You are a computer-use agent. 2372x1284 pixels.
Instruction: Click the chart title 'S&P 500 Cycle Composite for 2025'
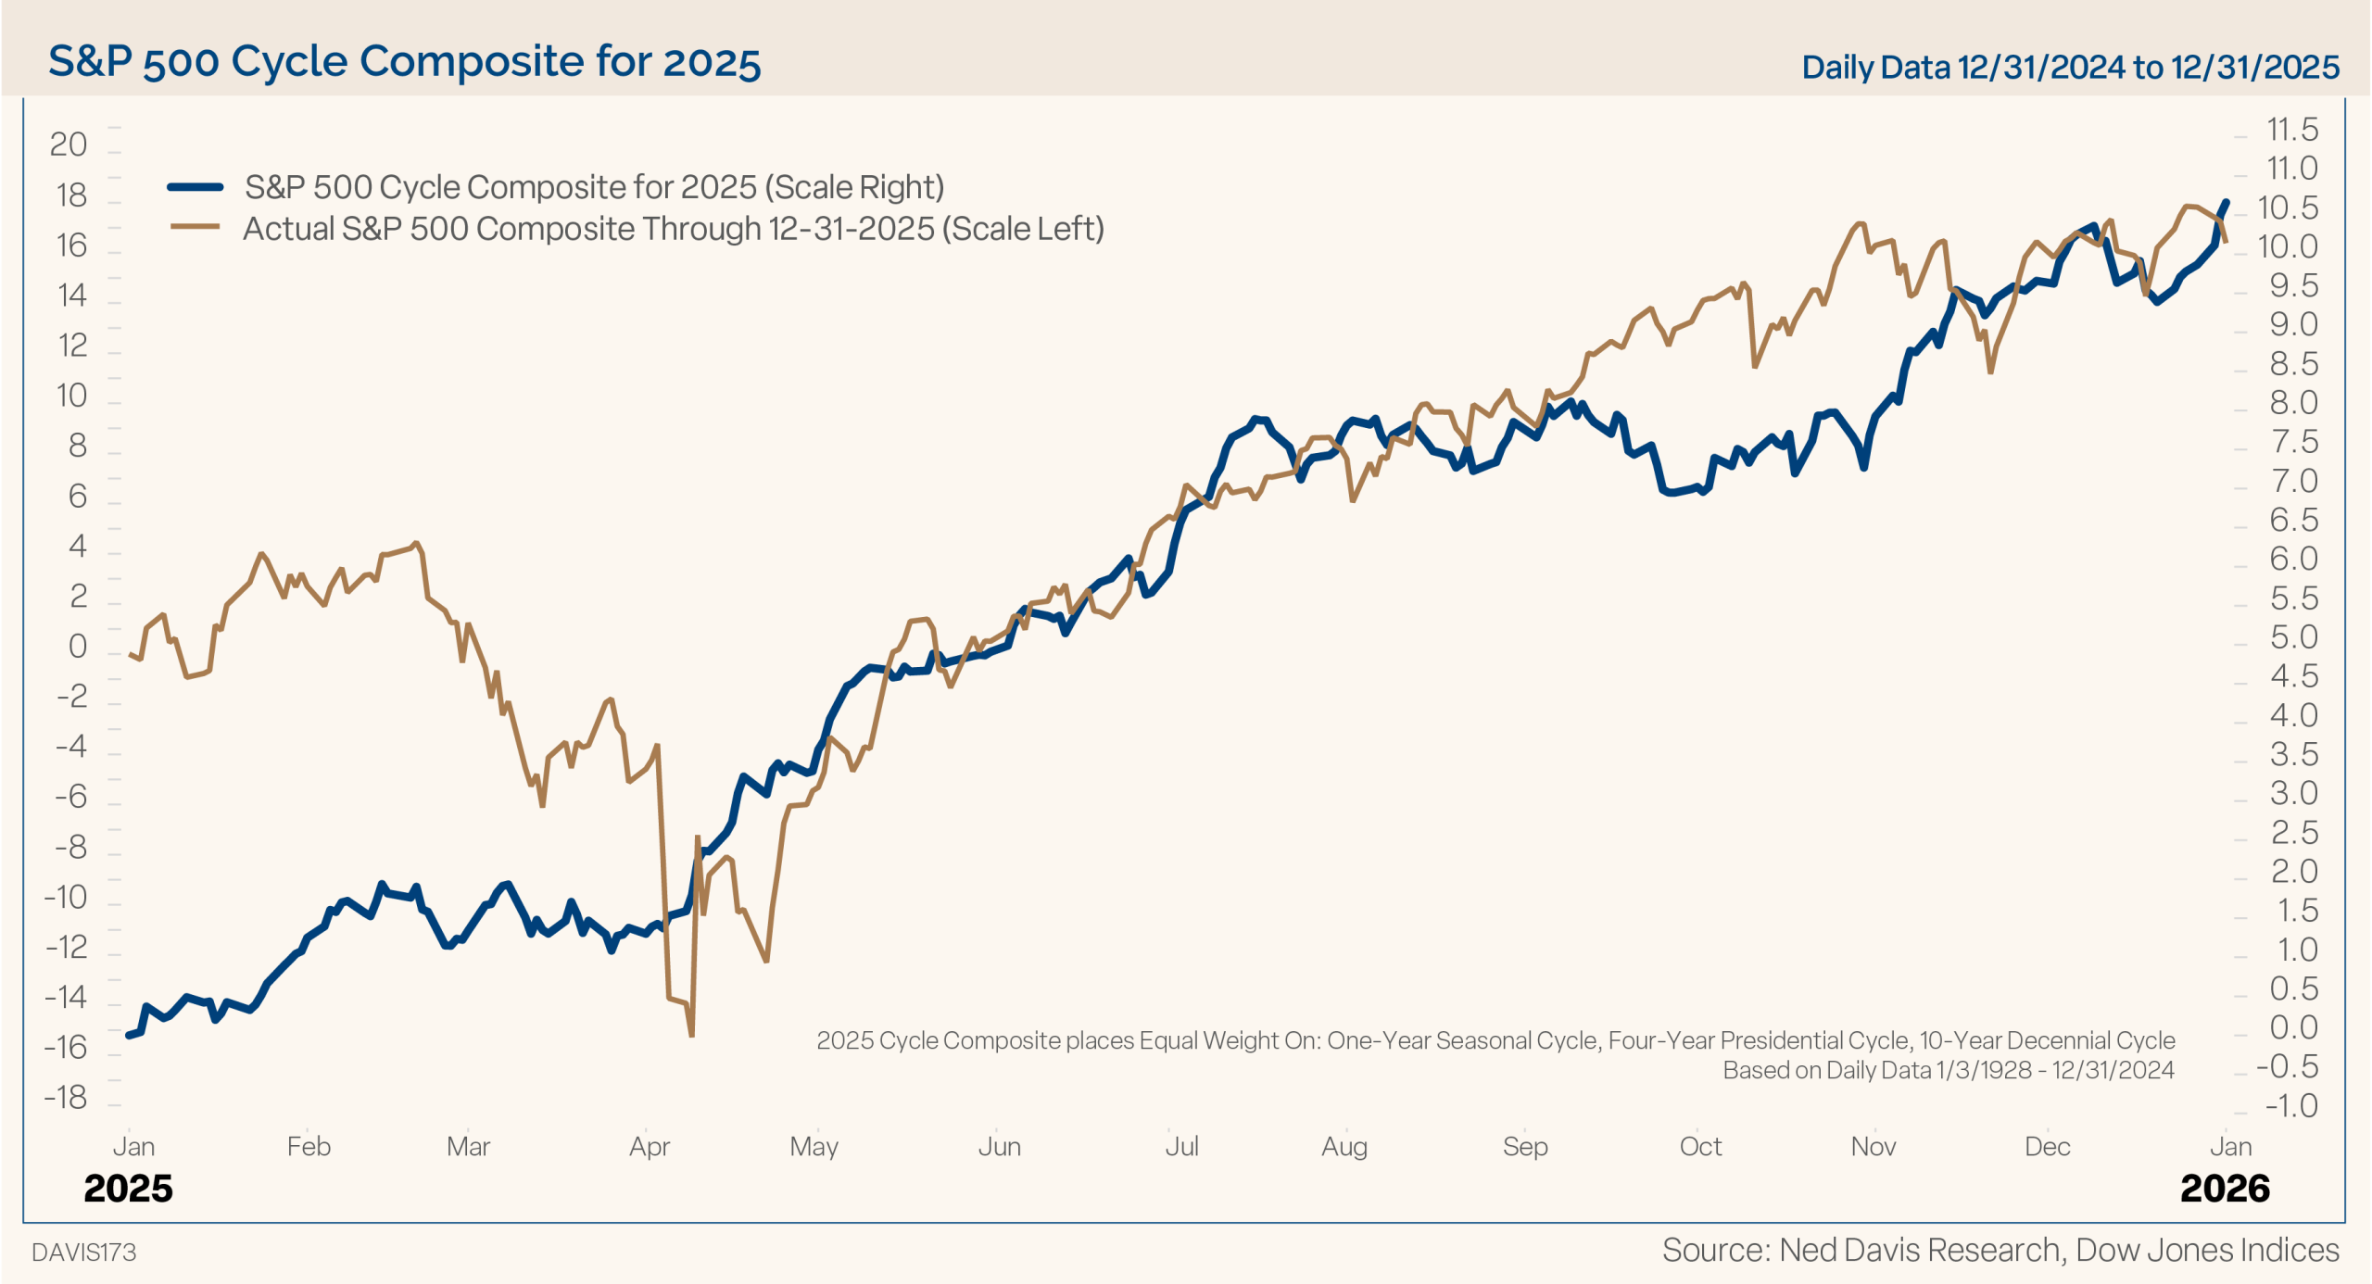pos(404,62)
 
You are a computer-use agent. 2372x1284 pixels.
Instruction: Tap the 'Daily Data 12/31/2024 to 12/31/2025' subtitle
pos(2070,67)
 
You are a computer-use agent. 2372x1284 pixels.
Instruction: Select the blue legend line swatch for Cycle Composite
pos(195,187)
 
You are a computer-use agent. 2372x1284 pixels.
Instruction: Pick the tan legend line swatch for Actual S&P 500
pos(195,227)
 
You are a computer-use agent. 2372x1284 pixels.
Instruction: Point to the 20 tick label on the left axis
pos(68,145)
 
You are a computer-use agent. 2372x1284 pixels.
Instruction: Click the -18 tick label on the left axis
pos(65,1098)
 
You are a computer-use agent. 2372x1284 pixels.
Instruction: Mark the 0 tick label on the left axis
pos(77,646)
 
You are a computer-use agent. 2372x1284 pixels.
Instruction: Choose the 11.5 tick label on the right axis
pos(2291,130)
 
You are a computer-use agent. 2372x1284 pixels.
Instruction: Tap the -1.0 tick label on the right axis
pos(2290,1105)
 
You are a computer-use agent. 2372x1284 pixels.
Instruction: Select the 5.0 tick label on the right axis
pos(2293,637)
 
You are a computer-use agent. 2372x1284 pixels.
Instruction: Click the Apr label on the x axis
pos(649,1147)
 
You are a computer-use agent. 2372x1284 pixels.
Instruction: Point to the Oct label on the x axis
pos(1700,1147)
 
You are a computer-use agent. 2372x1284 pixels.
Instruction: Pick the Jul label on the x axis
pos(1181,1147)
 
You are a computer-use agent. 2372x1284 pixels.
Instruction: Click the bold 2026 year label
pos(2225,1189)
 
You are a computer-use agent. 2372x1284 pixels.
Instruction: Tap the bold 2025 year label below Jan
pos(128,1189)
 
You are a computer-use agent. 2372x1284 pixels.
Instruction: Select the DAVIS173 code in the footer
pos(83,1253)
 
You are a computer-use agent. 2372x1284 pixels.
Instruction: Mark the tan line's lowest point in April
pos(691,1034)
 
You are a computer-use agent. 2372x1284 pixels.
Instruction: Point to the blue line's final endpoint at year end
pos(2227,202)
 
